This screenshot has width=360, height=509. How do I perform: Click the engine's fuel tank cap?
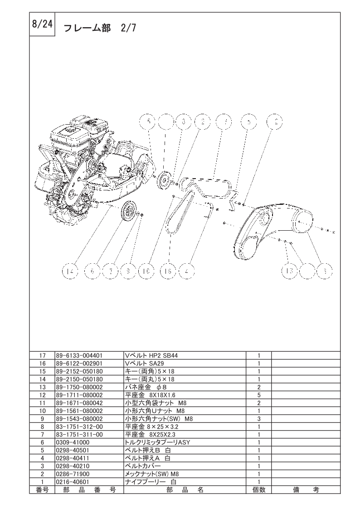[70, 130]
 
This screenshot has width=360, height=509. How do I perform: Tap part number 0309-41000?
[73, 442]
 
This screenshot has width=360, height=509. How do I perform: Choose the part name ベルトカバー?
[143, 466]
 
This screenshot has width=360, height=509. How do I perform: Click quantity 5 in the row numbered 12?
[258, 395]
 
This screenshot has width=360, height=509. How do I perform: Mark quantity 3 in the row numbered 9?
[258, 419]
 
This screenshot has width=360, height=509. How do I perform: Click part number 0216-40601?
[73, 482]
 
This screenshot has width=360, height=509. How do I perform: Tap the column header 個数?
[258, 490]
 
